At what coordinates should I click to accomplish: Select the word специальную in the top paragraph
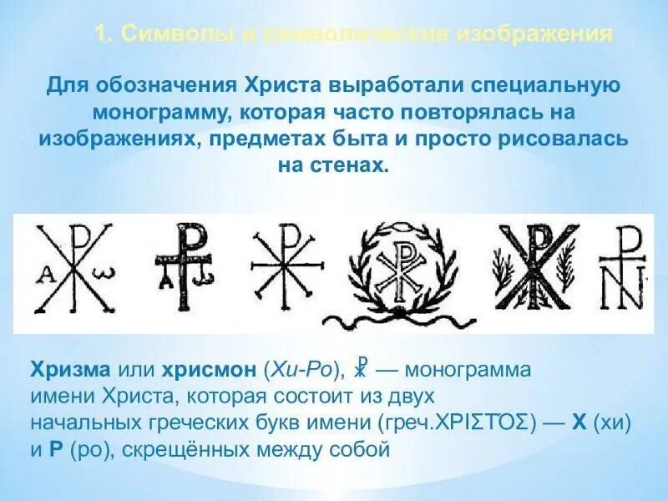544,85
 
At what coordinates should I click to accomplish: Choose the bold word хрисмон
211,370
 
